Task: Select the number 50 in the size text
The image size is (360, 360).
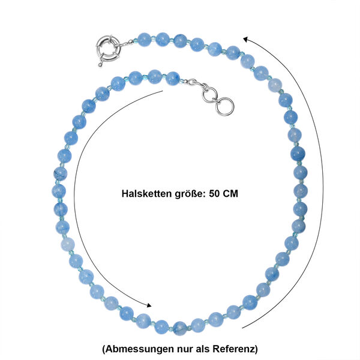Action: click(x=214, y=194)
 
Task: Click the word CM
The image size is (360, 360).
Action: click(x=230, y=194)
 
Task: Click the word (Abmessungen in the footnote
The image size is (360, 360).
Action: click(x=138, y=349)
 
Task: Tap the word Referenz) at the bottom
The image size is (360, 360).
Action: click(x=235, y=349)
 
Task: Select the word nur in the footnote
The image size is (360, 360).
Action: click(x=185, y=349)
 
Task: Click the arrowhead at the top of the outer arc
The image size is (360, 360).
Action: click(x=245, y=40)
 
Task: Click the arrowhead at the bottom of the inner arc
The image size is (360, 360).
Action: click(x=149, y=305)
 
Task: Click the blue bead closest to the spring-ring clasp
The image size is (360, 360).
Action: click(x=144, y=40)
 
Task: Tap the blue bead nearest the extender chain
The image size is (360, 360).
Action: click(x=173, y=79)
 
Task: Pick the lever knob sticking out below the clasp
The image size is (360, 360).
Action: click(x=100, y=65)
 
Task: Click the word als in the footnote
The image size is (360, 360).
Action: click(x=203, y=349)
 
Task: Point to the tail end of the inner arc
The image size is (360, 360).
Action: click(x=163, y=91)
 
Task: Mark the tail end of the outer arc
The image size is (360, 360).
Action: click(x=242, y=328)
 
